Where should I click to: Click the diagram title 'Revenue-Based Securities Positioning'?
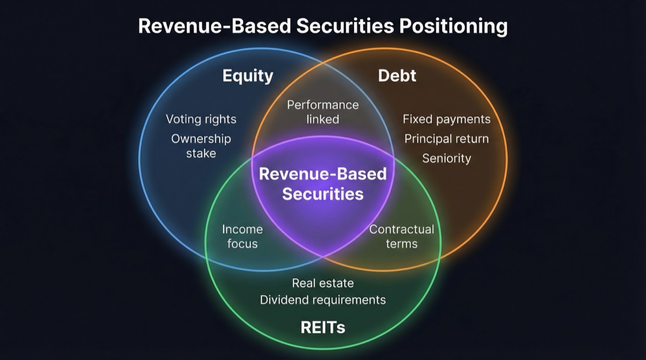pos(322,26)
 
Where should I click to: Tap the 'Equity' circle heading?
pos(248,76)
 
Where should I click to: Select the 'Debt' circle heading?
pos(397,76)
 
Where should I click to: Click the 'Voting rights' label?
pos(201,119)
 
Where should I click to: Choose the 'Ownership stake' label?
pos(201,146)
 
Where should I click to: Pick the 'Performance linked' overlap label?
pos(322,112)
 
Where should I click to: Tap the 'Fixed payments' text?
pos(446,119)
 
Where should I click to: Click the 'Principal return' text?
pos(446,139)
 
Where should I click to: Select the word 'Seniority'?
pos(446,158)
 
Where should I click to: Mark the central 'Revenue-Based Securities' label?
pos(322,183)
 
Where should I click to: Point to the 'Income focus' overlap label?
pos(242,236)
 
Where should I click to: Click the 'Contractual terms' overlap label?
pos(401,236)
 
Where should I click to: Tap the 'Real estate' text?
pos(322,283)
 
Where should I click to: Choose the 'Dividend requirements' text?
pos(322,300)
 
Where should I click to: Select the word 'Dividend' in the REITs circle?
pos(283,300)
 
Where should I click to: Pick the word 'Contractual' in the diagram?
pos(401,229)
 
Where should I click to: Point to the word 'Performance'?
pos(322,105)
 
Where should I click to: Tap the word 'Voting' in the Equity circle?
pos(182,119)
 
